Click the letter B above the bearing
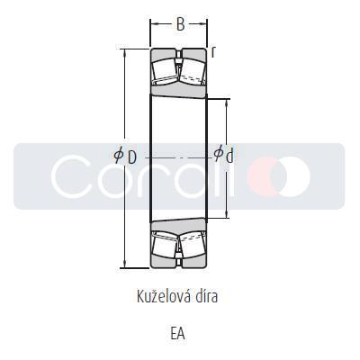(180, 25)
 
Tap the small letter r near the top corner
(213, 52)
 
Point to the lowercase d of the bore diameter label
(229, 156)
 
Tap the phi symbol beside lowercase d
(218, 155)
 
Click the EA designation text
(177, 333)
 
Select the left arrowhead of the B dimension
(153, 25)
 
